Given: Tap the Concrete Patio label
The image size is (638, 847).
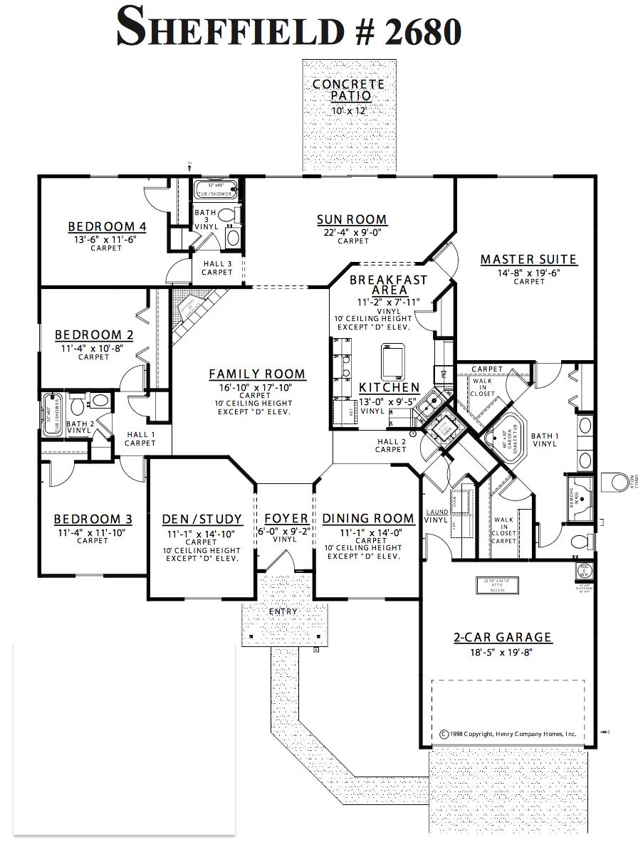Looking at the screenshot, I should tap(349, 90).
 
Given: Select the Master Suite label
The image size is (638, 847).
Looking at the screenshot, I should tap(528, 260).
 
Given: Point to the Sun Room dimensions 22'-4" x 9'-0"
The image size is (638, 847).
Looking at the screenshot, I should tap(352, 232).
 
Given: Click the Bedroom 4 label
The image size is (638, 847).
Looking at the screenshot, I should tap(107, 227).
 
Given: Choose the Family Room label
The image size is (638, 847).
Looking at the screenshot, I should tap(256, 374).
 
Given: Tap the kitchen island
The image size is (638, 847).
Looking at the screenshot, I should tap(392, 362).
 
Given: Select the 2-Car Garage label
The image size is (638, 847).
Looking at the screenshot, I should tap(503, 638).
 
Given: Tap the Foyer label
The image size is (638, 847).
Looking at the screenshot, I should tap(286, 519).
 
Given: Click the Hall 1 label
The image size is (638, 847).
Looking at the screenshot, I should tap(140, 435).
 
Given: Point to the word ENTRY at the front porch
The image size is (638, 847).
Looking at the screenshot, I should tap(283, 611).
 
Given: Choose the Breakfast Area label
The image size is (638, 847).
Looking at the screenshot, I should tap(389, 285).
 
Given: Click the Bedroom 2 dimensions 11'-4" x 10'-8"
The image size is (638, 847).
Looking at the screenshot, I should tap(93, 348).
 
